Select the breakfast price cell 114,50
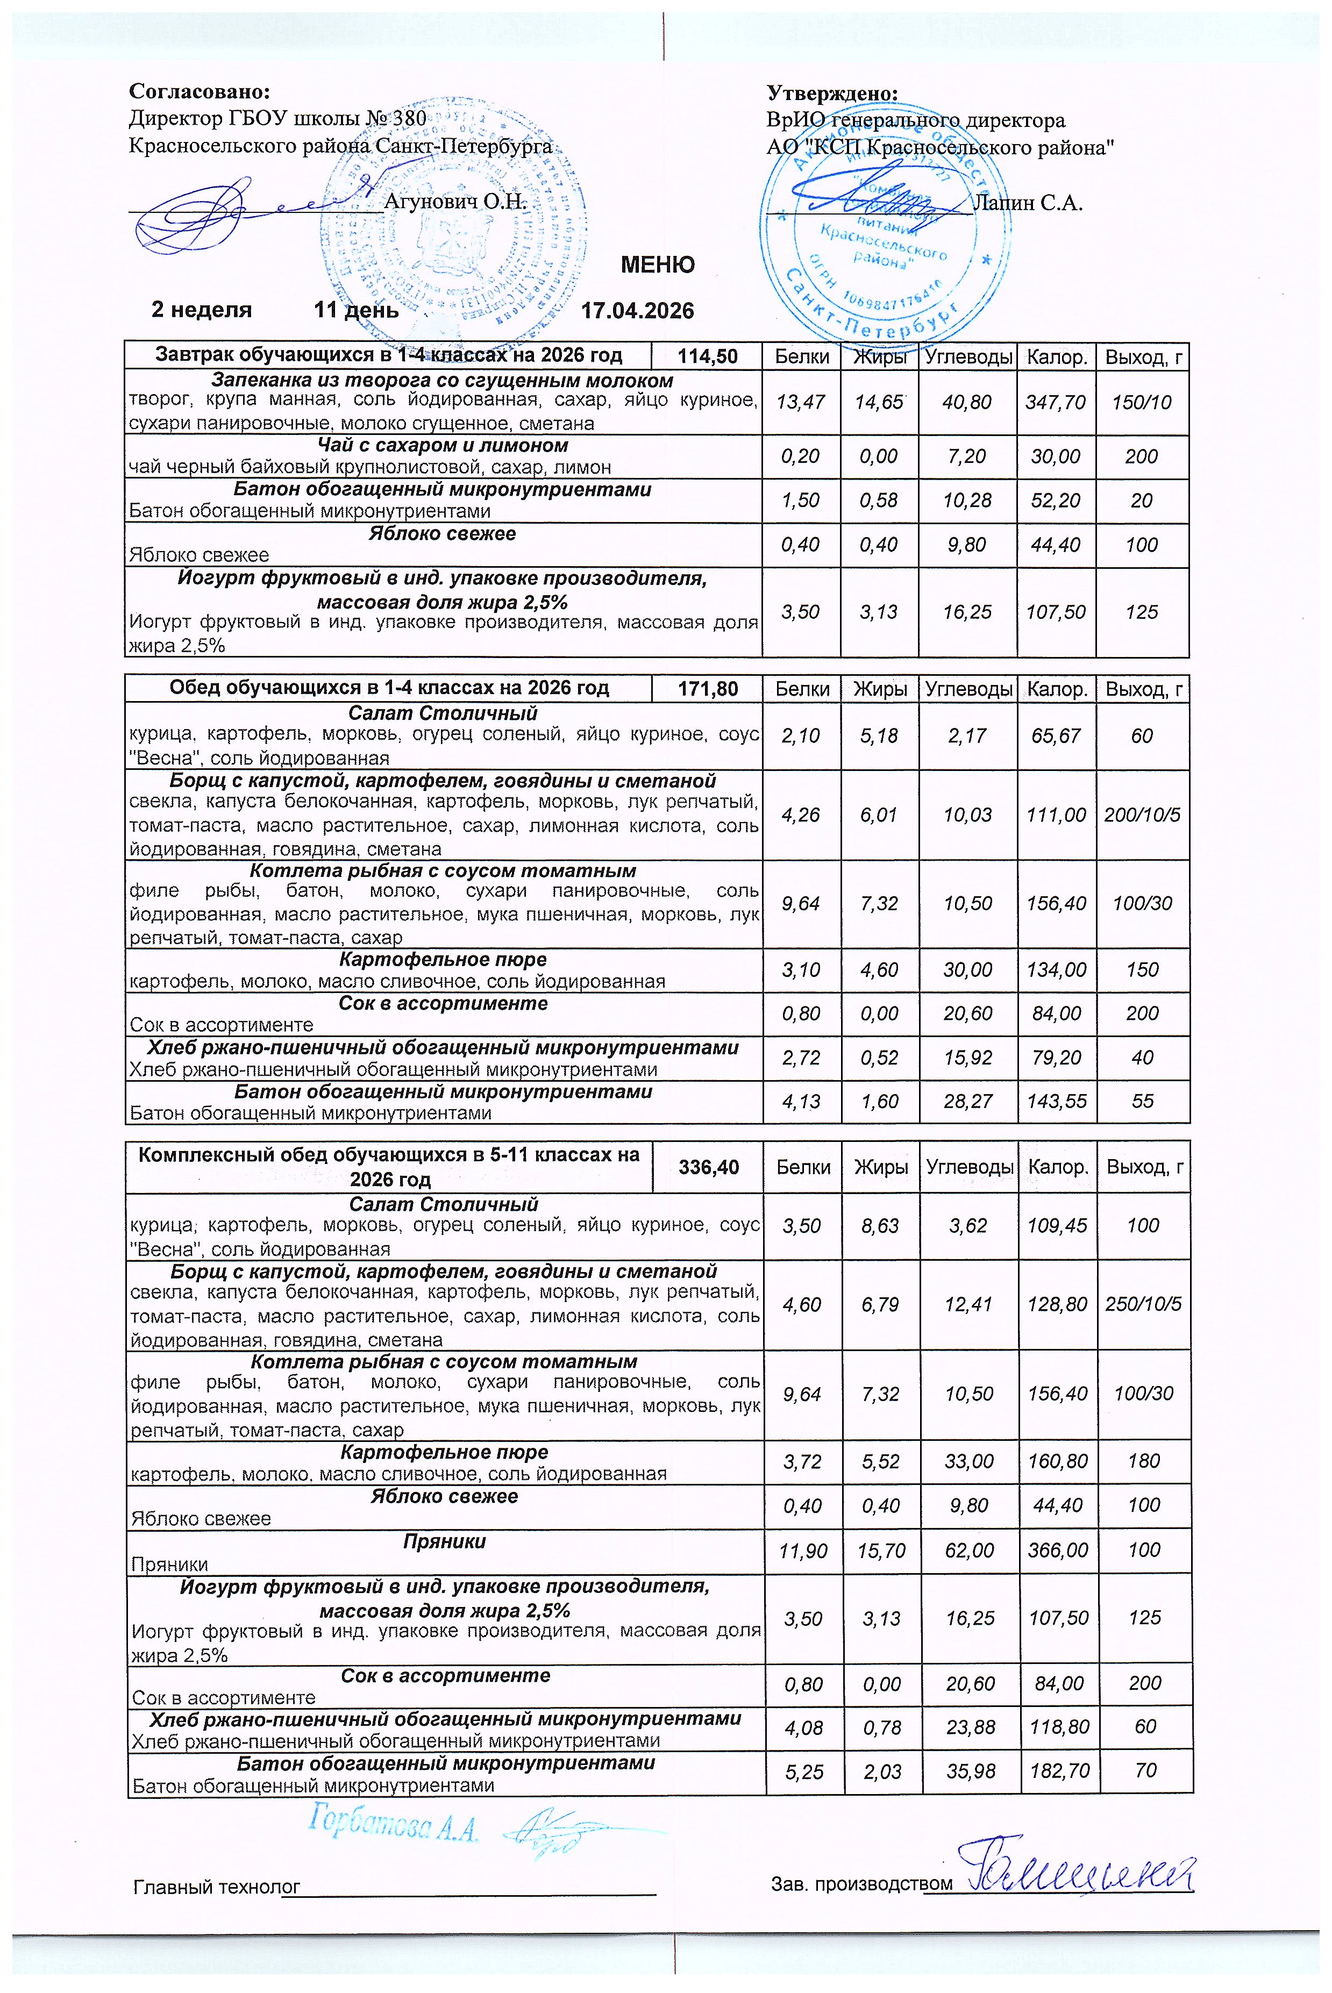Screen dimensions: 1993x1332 point(707,356)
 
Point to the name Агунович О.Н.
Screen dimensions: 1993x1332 point(455,202)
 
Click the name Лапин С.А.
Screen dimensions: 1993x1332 point(1027,202)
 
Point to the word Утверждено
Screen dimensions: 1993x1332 point(832,92)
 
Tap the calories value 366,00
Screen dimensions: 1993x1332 point(1057,1551)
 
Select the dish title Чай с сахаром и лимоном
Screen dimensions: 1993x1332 point(443,445)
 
